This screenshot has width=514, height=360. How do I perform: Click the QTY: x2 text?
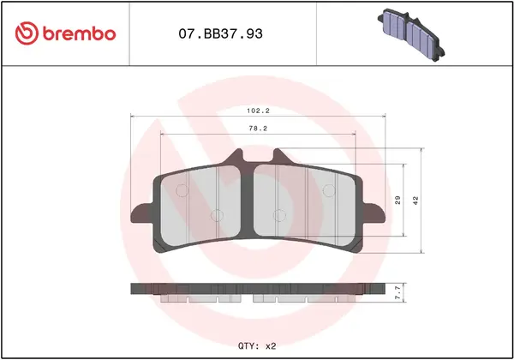click(x=256, y=345)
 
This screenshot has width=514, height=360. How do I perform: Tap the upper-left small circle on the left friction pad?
click(x=178, y=190)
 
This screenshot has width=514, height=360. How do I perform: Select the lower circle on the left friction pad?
click(x=217, y=214)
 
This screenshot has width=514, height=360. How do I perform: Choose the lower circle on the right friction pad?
click(x=277, y=214)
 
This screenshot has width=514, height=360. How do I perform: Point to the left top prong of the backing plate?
click(x=236, y=157)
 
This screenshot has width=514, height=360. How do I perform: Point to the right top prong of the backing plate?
click(x=277, y=157)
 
